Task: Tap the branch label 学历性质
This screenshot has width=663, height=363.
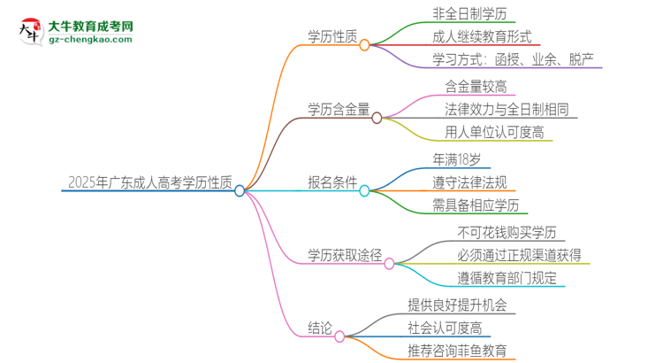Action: tap(332, 37)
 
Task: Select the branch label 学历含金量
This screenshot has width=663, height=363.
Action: tap(339, 110)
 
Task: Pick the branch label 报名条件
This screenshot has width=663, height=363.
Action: tap(333, 184)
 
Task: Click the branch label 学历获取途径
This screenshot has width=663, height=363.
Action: tap(345, 257)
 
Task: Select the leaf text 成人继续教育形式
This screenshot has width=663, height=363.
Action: tap(482, 37)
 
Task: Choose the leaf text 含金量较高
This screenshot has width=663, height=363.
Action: tap(476, 86)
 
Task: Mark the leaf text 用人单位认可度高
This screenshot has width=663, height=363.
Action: tap(495, 134)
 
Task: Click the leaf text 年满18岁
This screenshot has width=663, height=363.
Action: tap(457, 159)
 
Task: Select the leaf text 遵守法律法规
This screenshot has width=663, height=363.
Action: tap(470, 183)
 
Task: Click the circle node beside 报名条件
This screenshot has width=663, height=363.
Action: tap(364, 190)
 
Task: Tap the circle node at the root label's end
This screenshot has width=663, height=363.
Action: tap(240, 190)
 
